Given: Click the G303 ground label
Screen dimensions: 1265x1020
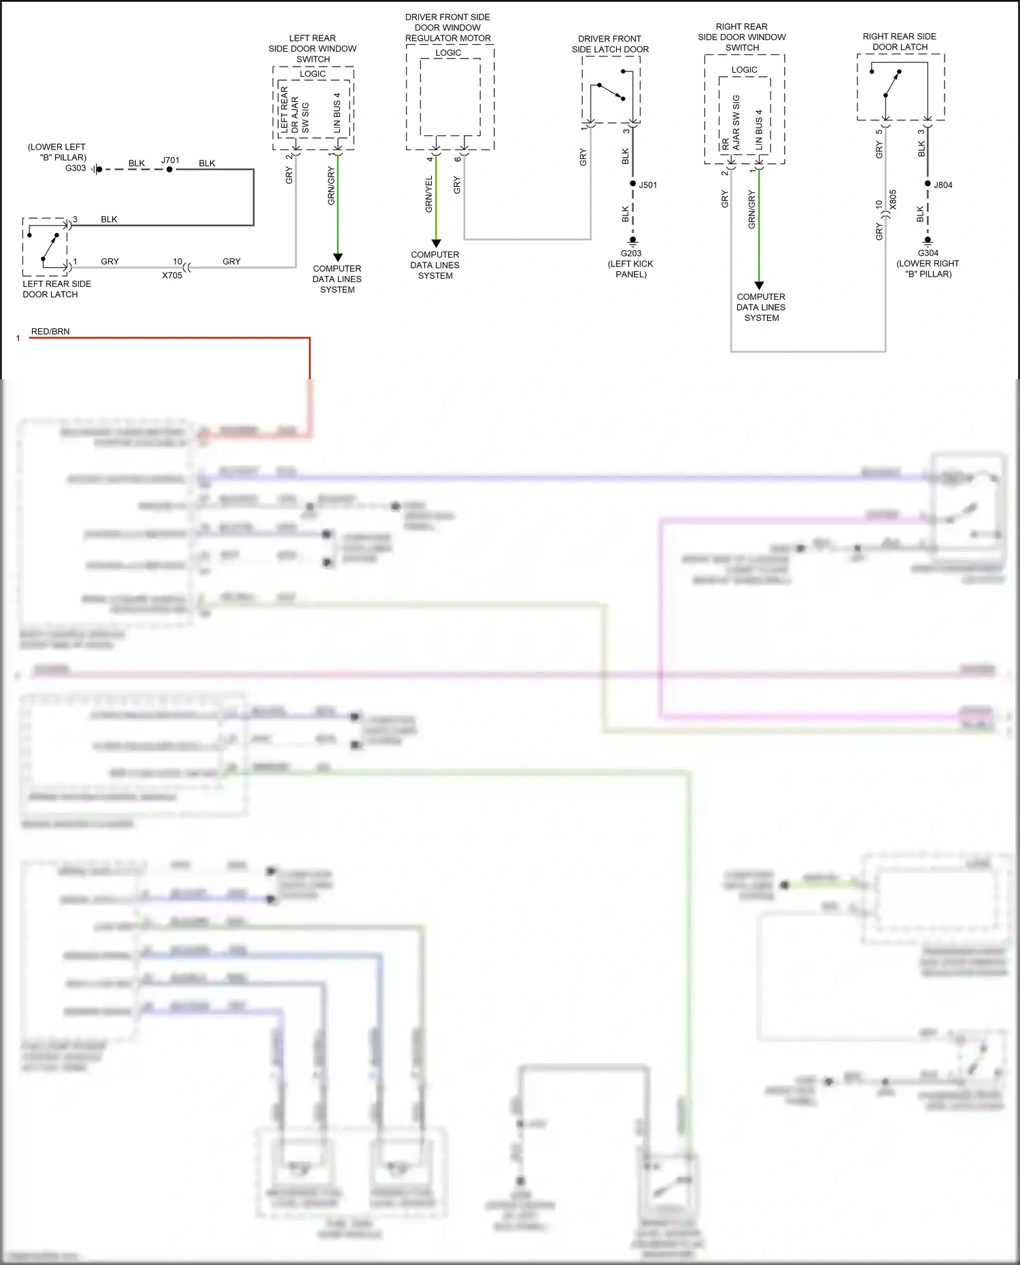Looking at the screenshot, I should (75, 168).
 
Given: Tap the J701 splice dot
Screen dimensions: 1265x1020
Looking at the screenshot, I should (169, 169).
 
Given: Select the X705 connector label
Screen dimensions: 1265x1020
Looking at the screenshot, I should (172, 275).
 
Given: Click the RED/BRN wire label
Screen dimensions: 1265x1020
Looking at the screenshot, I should (50, 332).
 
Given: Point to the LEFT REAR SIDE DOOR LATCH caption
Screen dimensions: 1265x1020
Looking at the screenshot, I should (56, 289).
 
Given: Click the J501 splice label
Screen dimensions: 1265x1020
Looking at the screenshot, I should (648, 185).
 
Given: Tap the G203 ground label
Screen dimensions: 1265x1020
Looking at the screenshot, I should (631, 254).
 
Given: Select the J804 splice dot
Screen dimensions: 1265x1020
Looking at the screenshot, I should (928, 184).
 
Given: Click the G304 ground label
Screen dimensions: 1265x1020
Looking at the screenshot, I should (928, 253).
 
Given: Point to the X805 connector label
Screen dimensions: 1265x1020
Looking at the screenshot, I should (893, 200).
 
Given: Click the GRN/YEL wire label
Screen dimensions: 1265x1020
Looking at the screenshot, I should (428, 194).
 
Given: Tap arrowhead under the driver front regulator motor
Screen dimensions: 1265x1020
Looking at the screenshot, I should (436, 243).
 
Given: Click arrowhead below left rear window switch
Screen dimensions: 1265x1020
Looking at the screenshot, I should (337, 257).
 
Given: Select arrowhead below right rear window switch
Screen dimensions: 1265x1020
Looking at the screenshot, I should (759, 285).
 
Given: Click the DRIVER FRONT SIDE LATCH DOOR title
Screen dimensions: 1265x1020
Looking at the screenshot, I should (610, 44).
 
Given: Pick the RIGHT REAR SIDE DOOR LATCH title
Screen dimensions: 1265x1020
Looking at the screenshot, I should (900, 41).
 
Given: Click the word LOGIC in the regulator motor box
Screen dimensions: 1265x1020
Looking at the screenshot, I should (448, 53).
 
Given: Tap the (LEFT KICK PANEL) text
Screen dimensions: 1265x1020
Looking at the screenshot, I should (631, 269).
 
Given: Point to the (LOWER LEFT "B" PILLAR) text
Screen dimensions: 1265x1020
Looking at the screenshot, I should (57, 152).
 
